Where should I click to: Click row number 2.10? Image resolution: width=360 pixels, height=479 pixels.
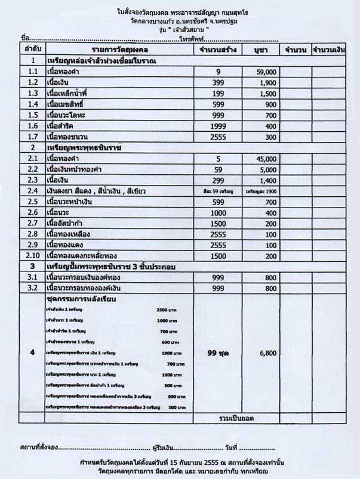click(x=33, y=256)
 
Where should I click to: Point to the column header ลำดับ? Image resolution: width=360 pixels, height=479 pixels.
click(x=33, y=48)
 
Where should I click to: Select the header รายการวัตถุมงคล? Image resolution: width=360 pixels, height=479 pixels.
click(x=120, y=48)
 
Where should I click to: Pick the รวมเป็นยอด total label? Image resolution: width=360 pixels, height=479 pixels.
click(x=238, y=417)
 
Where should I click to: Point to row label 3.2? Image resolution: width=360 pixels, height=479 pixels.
click(x=33, y=288)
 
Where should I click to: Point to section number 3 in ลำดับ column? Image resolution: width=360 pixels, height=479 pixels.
click(x=33, y=267)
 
